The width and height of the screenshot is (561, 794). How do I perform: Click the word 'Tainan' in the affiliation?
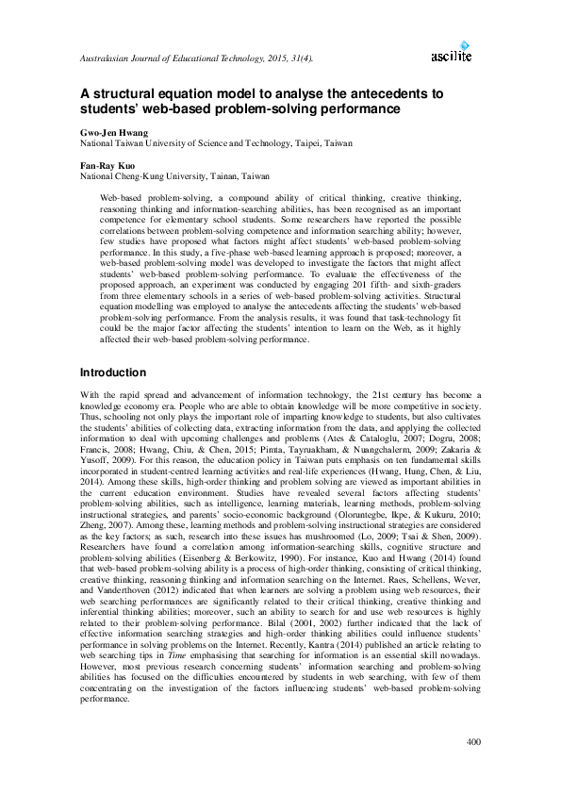click(x=213, y=175)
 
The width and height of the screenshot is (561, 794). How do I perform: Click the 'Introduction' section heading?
click(x=113, y=372)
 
